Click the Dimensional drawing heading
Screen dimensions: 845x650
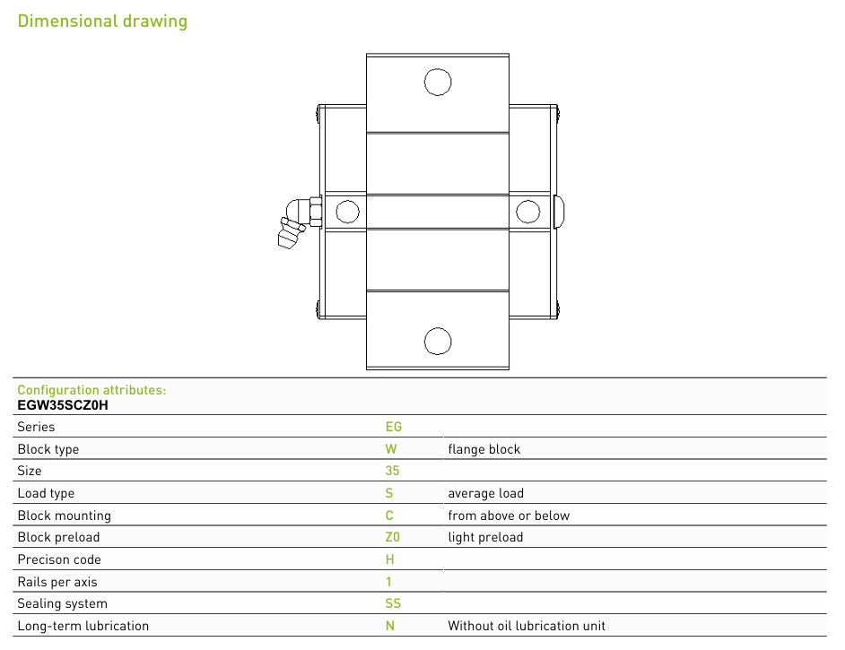point(102,21)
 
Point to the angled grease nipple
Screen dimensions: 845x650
point(299,221)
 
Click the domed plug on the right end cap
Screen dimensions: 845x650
point(559,211)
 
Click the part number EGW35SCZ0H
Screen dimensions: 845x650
point(63,405)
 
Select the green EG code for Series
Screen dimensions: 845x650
point(394,427)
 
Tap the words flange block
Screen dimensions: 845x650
point(483,449)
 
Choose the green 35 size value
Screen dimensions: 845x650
point(392,471)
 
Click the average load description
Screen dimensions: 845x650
point(485,493)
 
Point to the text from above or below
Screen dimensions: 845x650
point(509,516)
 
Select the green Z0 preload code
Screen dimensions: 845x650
point(392,537)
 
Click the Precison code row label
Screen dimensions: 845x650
point(59,559)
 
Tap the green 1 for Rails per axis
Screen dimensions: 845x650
point(388,582)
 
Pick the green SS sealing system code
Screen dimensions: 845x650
point(393,603)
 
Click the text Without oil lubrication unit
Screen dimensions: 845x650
point(527,626)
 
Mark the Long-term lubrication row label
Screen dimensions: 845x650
point(83,626)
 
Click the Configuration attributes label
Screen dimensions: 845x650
point(91,390)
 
